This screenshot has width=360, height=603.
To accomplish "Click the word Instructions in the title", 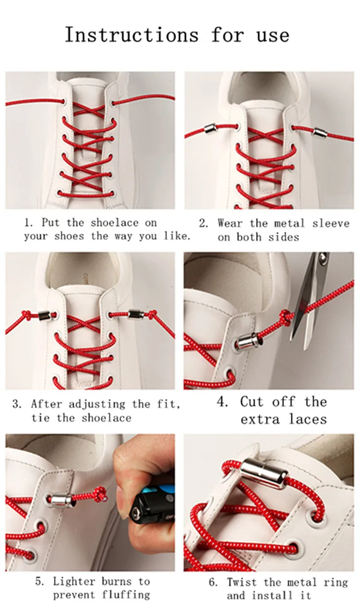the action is tap(132, 35).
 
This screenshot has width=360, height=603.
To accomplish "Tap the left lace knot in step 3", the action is tap(27, 314).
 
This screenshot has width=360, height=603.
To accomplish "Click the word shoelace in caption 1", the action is tap(114, 223).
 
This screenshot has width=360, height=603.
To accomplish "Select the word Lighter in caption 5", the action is tap(74, 581).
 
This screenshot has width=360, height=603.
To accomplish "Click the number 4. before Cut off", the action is tap(222, 402).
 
